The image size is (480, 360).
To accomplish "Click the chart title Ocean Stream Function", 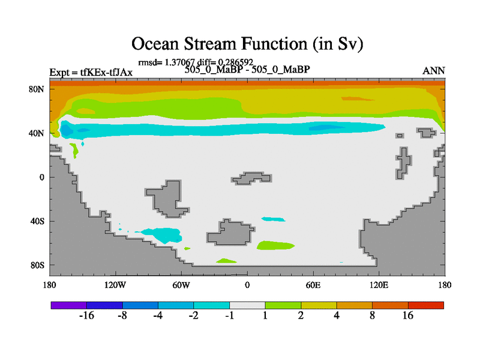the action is pos(247,44).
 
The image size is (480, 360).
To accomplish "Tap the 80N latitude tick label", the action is pos(37,89).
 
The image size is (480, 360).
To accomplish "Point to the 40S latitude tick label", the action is pos(37,221).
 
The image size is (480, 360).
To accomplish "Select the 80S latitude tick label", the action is pos(37,265).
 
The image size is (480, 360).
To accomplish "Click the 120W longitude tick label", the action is pos(115,286).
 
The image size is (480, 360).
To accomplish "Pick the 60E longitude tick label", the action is pos(313,286).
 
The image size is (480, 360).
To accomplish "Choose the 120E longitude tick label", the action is pos(379,286).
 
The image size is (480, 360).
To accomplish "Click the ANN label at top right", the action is pos(433,71).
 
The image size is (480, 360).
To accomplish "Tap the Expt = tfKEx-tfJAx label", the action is pos(91,73).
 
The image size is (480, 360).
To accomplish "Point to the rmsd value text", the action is pos(196,62).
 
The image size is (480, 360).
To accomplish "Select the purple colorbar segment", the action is pos(69,305).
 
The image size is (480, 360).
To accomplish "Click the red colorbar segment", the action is pos(426,305).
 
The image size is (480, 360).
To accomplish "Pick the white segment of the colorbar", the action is pos(247,305).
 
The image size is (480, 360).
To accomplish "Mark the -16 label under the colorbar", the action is pos(86,316).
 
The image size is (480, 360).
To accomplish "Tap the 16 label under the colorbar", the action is pos(408,316).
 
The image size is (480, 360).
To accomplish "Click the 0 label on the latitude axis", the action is pos(41,177).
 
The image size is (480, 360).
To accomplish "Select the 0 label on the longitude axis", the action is pos(247,286).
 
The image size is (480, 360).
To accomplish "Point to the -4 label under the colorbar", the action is pos(158,316).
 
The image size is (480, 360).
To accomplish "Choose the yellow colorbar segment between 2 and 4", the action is pos(319,305).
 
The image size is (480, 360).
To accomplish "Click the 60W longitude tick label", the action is pos(181,286).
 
